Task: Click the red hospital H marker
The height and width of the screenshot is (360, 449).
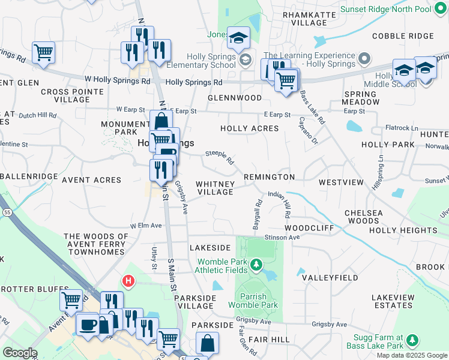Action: (128, 280)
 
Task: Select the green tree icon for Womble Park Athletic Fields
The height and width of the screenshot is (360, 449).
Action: (256, 265)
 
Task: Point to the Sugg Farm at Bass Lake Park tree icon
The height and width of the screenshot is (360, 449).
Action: (412, 341)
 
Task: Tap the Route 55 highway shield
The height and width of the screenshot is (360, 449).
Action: (6, 212)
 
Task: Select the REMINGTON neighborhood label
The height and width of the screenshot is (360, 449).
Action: (270, 177)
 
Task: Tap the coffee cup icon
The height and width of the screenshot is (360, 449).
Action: (88, 324)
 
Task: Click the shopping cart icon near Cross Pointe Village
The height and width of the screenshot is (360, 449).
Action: (44, 52)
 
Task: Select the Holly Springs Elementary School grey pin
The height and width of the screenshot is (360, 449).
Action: (245, 59)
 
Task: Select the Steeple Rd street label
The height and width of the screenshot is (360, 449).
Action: (219, 157)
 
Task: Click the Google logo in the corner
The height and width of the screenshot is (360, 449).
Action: (20, 352)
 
